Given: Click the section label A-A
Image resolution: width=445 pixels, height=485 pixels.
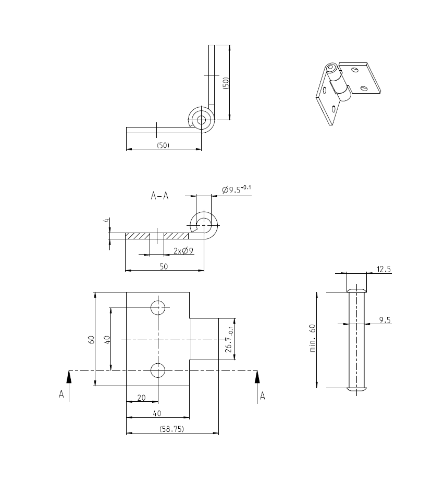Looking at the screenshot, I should point(159,196).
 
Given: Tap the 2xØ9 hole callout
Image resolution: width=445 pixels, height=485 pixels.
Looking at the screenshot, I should point(184,251).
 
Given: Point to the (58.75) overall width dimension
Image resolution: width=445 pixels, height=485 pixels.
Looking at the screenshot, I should point(171,429).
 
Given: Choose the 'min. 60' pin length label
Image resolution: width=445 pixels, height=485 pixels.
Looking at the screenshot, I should point(313,338).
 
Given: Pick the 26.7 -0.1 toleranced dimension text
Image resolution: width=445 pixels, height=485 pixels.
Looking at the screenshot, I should point(229,340).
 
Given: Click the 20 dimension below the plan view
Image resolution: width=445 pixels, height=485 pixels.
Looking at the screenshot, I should point(141,398).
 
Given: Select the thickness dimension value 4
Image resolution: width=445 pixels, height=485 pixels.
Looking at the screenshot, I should point(106,221).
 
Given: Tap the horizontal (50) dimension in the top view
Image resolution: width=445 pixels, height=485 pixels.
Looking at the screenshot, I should point(163,146).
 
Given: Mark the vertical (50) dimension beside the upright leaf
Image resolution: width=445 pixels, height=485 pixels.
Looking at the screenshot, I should point(226,83).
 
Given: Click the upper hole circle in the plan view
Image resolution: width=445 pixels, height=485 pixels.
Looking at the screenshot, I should point(158,308).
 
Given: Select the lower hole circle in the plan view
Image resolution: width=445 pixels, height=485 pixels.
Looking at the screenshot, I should point(158,370).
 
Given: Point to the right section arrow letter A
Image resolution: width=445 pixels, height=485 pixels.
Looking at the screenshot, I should point(263,396).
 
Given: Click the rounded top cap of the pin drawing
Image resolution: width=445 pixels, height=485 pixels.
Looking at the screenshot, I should point(357,289).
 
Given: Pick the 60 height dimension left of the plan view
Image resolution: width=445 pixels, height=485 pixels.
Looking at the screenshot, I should point(91,339).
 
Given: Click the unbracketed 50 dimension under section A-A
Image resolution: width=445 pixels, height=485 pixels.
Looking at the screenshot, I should point(164,266).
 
